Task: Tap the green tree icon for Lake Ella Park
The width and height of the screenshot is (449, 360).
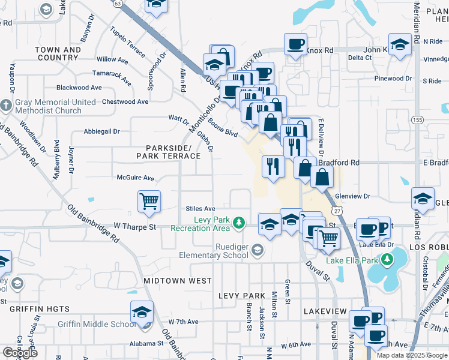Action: tap(387, 260)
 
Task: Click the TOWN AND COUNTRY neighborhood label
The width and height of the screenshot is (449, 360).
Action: tap(58, 54)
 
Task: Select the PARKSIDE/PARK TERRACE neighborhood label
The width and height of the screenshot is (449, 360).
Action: tap(168, 152)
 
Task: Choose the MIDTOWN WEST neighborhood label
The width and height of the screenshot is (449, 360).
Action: tap(177, 281)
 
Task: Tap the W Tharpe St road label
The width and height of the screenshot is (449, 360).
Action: tap(134, 227)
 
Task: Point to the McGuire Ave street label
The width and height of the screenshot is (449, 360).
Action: tap(135, 178)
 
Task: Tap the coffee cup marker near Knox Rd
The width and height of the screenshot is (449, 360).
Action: tap(295, 44)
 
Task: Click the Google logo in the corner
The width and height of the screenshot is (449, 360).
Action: tap(20, 352)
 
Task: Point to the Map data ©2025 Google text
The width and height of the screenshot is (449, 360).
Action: tap(412, 355)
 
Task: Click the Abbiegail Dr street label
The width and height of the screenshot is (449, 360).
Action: tap(102, 131)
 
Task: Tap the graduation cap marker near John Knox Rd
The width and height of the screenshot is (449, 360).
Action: tap(399, 44)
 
